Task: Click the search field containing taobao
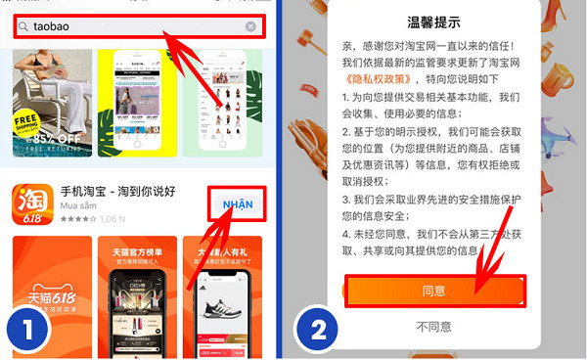coord(137,27)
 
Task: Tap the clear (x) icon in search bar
coord(251,27)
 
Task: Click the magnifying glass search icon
coord(24,27)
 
